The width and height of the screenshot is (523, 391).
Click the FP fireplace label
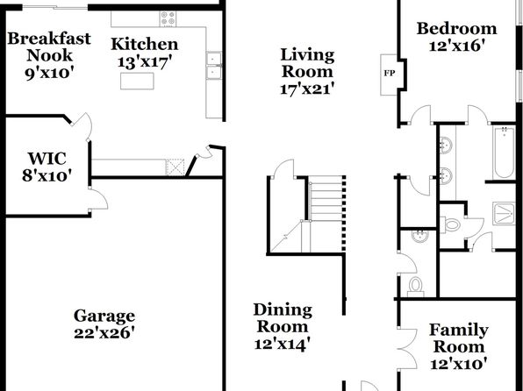pos(390,73)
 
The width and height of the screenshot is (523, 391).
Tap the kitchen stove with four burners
pos(168,18)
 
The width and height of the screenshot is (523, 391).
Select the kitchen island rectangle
pos(137,81)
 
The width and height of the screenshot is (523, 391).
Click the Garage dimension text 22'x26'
pos(104,332)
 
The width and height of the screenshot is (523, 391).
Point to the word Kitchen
pos(145,44)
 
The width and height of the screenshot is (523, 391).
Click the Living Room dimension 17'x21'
pos(307,89)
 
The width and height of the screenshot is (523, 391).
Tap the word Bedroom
pos(456,28)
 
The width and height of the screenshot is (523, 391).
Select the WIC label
pos(47,159)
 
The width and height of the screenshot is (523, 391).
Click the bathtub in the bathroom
pos(504,153)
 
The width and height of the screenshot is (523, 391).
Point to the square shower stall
pos(505,213)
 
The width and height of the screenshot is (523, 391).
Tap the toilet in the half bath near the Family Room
pos(416,287)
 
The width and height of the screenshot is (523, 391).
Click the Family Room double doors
pos(407,348)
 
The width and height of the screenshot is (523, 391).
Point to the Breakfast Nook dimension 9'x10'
pos(49,73)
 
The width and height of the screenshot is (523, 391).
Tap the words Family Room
pos(459,338)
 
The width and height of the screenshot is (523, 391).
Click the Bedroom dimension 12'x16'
pos(456,46)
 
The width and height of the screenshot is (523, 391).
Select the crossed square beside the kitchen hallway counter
pos(176,167)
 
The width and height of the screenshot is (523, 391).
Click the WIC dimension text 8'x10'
pos(47,175)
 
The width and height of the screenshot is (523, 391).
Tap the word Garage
pos(104,316)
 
